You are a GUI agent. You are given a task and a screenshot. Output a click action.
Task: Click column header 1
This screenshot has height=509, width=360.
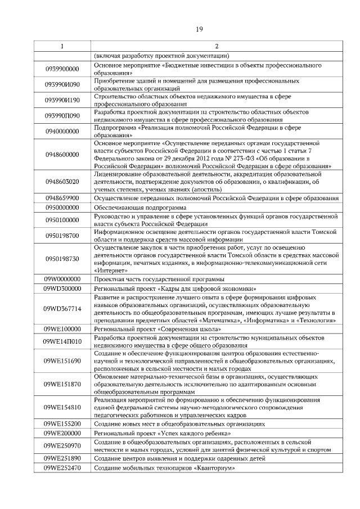coord(62,46)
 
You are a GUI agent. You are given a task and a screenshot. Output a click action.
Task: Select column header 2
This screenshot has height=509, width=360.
coord(216,46)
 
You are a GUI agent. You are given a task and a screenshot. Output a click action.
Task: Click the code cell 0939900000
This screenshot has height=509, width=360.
coord(62,69)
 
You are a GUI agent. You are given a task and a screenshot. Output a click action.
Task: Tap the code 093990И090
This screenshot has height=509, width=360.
coord(62,85)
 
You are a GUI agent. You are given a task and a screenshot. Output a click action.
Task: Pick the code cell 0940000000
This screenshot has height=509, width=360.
coord(62,132)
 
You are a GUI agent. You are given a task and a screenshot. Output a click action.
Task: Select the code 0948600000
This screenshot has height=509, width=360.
coord(62,155)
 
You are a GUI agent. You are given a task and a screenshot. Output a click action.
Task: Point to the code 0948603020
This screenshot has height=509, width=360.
coord(62,182)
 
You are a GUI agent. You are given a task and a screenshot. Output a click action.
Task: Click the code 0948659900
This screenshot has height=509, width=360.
coord(62,199)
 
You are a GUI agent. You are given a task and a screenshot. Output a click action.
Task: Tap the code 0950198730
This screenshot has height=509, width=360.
coord(62,259)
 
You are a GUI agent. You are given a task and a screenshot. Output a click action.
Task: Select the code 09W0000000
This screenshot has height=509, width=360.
coord(62,279)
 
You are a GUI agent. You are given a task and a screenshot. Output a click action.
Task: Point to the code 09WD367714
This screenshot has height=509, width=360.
coord(62,309)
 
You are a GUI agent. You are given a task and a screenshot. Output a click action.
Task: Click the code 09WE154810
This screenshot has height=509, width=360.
coord(62,407)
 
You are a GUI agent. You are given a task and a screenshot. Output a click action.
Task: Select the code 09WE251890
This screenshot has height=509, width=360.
coord(62,458)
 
